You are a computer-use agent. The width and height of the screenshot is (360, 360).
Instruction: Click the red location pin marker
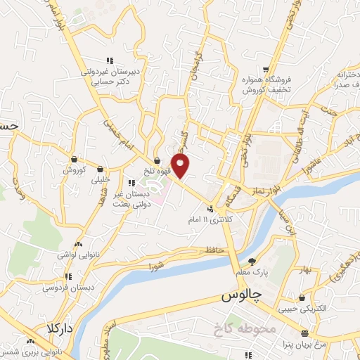coord(181,167)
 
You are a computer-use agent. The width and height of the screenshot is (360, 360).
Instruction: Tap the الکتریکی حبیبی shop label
coord(303,307)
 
